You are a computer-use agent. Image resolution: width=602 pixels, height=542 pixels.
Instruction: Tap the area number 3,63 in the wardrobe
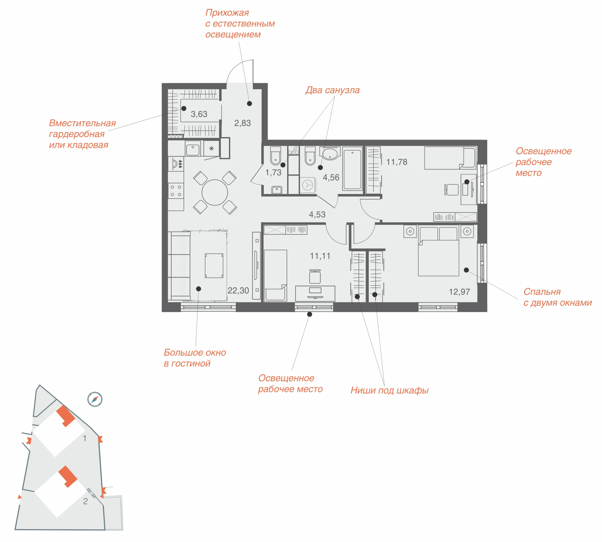tap(199, 114)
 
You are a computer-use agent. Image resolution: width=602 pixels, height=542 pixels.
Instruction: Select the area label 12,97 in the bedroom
tap(459, 292)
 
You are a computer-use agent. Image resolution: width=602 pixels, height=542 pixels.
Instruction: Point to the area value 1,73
tap(273, 173)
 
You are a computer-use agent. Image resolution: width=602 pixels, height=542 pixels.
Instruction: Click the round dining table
tap(215, 192)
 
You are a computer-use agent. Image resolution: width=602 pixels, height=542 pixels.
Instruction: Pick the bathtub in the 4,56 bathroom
tap(352, 169)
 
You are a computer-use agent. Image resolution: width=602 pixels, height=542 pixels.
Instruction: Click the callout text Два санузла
tap(333, 90)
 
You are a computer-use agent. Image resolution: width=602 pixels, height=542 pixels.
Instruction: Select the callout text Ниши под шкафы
tap(390, 390)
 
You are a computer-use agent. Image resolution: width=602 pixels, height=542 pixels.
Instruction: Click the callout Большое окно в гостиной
tap(195, 358)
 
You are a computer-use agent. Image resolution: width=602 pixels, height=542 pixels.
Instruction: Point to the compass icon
tap(95, 399)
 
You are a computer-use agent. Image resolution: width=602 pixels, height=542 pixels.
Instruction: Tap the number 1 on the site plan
tap(85, 438)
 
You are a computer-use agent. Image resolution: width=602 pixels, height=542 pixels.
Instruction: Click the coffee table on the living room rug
tap(214, 266)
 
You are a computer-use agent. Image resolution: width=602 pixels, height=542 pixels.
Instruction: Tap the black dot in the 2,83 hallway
tap(250, 104)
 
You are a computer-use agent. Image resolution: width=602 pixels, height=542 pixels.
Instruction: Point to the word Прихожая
tap(227, 13)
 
